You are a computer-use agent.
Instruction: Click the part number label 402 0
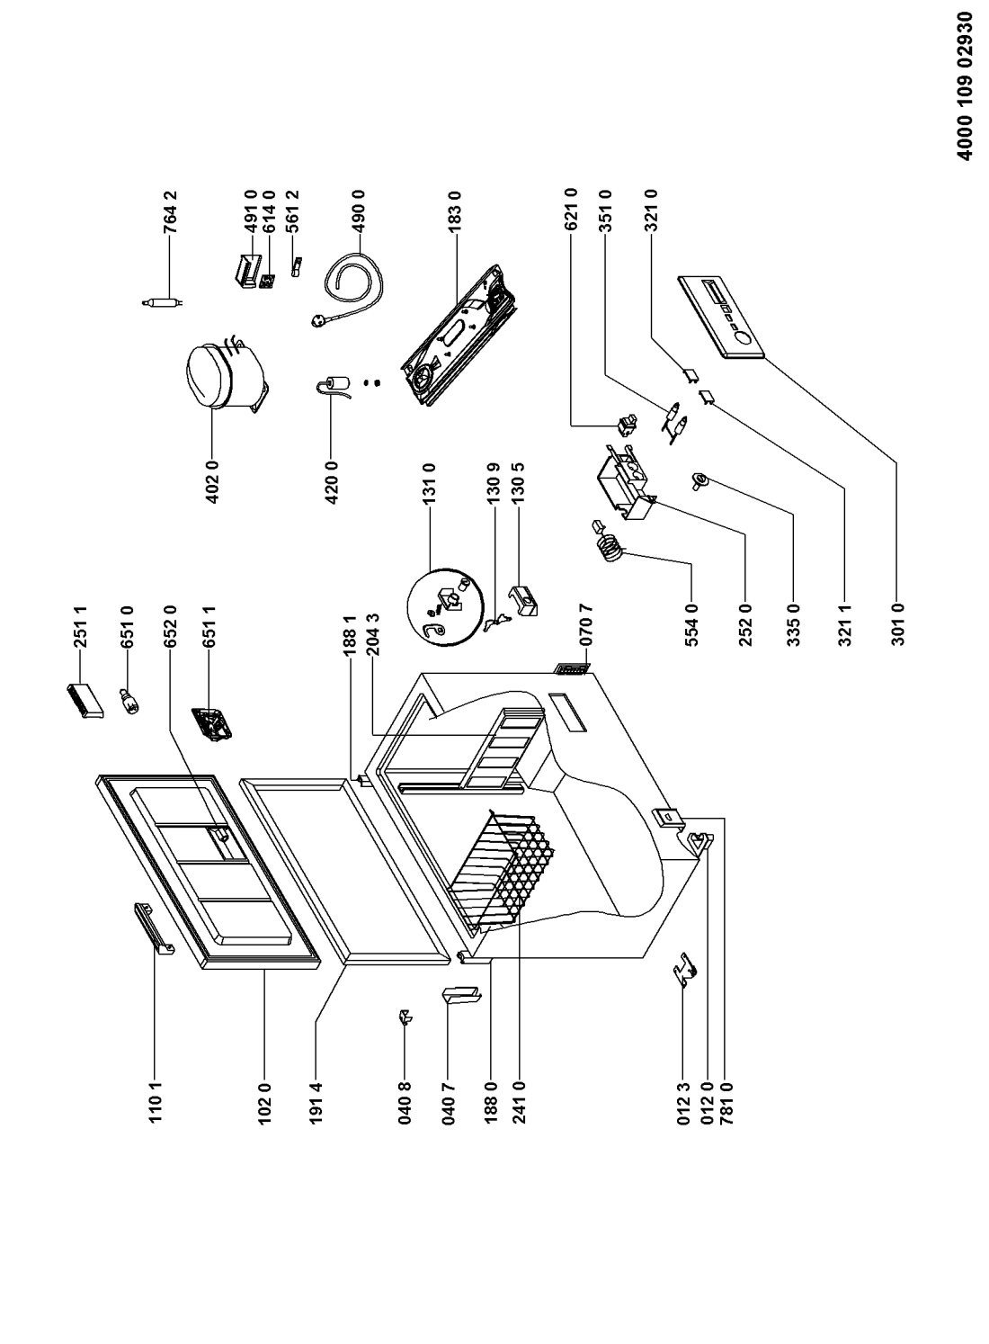click(212, 481)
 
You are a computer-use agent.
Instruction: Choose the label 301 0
click(898, 623)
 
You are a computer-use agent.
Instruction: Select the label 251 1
click(80, 627)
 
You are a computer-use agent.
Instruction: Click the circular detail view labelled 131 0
click(445, 606)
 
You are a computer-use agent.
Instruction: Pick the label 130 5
click(518, 485)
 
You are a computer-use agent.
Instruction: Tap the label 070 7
click(586, 624)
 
